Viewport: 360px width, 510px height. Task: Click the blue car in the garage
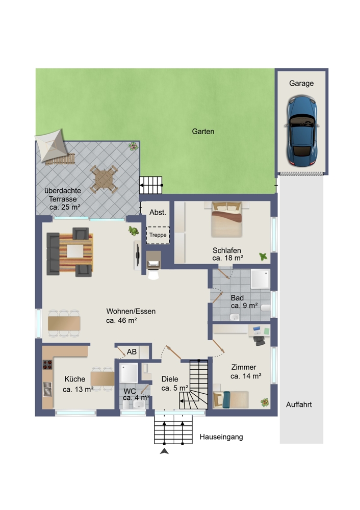tap(301, 131)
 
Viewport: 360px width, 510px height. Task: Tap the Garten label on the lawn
tap(203, 132)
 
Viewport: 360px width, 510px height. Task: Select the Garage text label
tap(301, 83)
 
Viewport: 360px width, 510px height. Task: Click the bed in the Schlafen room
tap(227, 219)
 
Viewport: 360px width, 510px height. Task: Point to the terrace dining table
tap(104, 179)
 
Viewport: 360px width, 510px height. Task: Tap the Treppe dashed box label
tap(158, 235)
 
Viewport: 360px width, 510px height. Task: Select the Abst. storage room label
tap(158, 212)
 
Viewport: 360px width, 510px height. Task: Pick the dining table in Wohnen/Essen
tap(64, 323)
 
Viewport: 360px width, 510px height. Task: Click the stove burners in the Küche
tap(47, 365)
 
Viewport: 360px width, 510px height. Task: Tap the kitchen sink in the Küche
tap(47, 389)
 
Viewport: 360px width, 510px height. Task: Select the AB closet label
tap(132, 351)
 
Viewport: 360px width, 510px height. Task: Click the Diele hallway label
tap(170, 379)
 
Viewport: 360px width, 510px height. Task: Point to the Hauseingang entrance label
tap(221, 437)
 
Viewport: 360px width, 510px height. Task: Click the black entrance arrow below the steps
tap(164, 451)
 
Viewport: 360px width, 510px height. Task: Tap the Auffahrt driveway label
tap(299, 404)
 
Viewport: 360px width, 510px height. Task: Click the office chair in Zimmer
tap(259, 340)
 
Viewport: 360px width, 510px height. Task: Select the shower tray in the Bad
tap(260, 279)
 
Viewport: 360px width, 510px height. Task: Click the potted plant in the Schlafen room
tap(263, 257)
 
